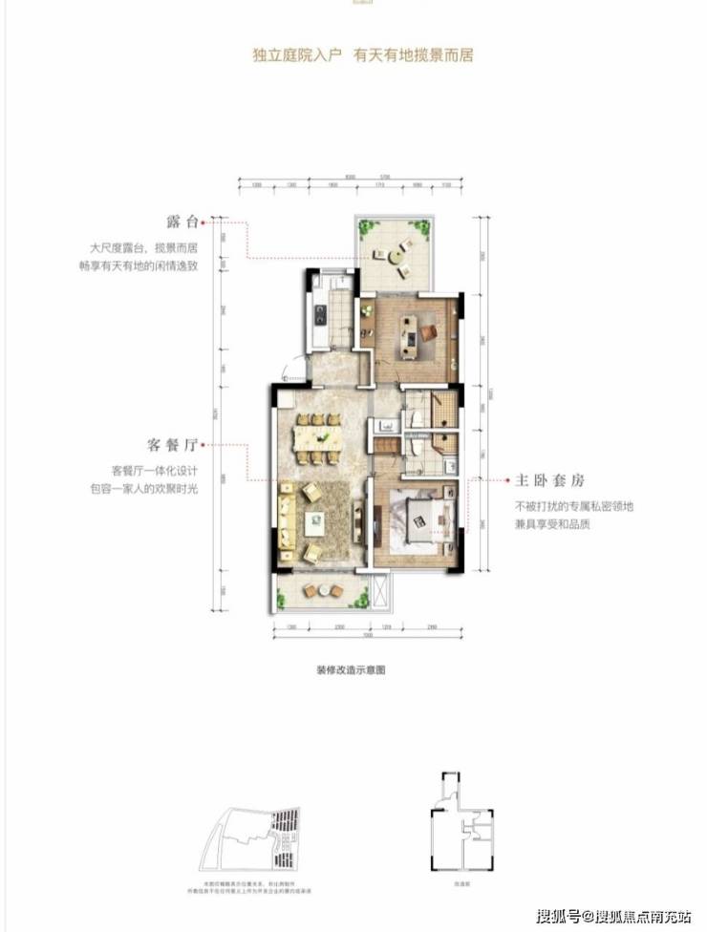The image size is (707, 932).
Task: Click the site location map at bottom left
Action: tap(259, 832)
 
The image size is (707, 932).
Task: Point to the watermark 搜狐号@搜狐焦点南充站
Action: tap(611, 914)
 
